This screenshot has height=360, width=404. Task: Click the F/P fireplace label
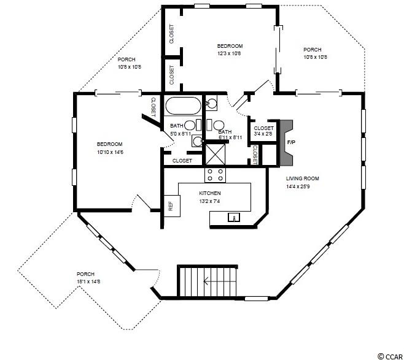click(x=291, y=142)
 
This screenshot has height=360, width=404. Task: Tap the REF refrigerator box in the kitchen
click(x=172, y=206)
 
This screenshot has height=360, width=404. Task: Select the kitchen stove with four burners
click(x=215, y=175)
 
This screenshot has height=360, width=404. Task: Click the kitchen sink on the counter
click(x=234, y=218)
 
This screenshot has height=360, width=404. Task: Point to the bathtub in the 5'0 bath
click(x=183, y=105)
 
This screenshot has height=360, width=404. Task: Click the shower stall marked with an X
click(x=216, y=154)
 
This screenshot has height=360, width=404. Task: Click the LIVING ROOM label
click(x=303, y=178)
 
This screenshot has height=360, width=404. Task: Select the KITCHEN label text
click(x=210, y=193)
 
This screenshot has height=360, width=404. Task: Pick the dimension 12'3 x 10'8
click(x=229, y=54)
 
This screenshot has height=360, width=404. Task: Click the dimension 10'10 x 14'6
click(x=111, y=152)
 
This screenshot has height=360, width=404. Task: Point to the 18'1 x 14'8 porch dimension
click(x=88, y=281)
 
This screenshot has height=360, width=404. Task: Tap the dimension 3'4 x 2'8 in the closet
click(x=263, y=134)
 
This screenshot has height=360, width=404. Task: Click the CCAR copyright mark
click(x=389, y=356)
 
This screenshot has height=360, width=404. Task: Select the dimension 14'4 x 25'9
click(x=298, y=186)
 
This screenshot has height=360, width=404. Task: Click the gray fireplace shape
click(x=286, y=143)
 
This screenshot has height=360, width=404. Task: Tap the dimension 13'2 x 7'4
click(x=209, y=201)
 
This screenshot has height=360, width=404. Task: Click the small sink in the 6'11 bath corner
click(x=212, y=103)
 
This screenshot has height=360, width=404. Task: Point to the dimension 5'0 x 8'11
click(x=181, y=134)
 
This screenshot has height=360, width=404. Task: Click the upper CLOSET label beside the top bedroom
click(x=172, y=34)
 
